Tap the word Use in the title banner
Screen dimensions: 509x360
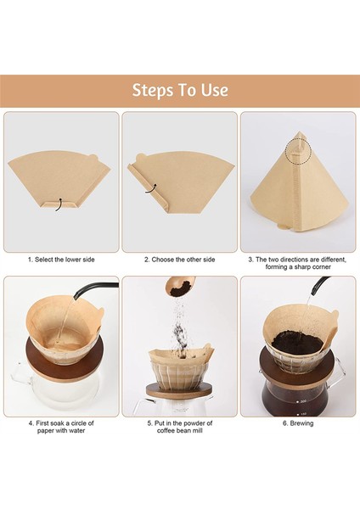pos(211,91)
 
